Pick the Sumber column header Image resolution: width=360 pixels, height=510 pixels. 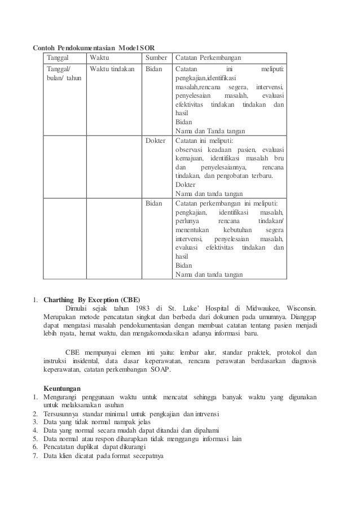156,58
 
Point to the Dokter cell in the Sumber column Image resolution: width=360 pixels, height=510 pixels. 155,141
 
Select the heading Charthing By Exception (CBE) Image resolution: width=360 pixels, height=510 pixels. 92,299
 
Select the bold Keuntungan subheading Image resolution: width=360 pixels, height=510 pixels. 62,388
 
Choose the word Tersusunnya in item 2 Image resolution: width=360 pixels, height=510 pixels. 62,417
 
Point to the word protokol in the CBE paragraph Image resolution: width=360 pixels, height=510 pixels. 292,351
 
